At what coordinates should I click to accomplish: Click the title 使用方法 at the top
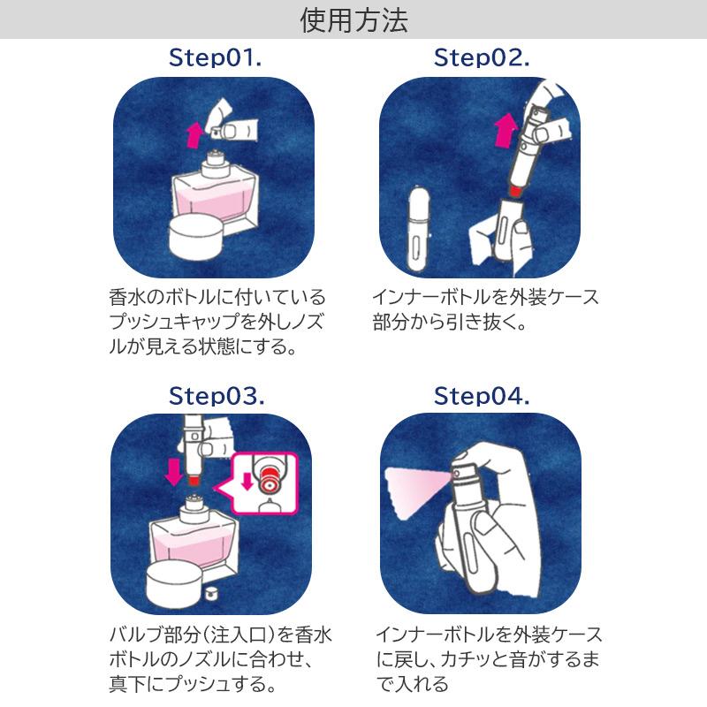coord(353,20)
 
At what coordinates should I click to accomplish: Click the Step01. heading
coord(216,59)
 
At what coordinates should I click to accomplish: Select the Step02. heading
coord(482,59)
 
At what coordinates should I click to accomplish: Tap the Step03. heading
coord(216,395)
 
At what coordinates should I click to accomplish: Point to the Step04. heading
coord(482,395)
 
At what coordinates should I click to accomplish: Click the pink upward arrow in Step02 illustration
coord(505,130)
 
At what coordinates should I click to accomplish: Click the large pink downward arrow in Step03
coord(174,470)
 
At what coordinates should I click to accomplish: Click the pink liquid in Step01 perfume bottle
coord(212,201)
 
